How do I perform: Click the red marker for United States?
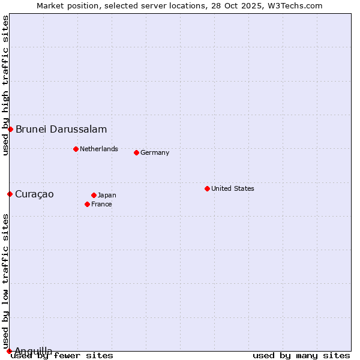[x=207, y=188]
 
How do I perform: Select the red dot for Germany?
[x=136, y=152]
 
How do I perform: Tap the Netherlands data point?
[x=76, y=149]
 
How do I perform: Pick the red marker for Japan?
[x=94, y=195]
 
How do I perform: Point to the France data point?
[x=87, y=204]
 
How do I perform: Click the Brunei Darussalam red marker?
[x=10, y=129]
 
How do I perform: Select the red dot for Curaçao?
[x=10, y=194]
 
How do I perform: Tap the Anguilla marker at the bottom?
[x=9, y=351]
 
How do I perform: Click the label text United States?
[x=232, y=188]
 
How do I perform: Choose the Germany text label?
[x=155, y=152]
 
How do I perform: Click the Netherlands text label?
[x=99, y=149]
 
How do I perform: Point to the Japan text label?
[x=107, y=195]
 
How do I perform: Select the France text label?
[x=101, y=204]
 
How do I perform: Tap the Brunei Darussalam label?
[x=61, y=129]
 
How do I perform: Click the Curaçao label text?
[x=34, y=194]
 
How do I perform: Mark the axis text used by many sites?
[x=301, y=356]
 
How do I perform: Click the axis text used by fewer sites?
[x=62, y=356]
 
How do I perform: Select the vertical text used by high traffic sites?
[x=5, y=86]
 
